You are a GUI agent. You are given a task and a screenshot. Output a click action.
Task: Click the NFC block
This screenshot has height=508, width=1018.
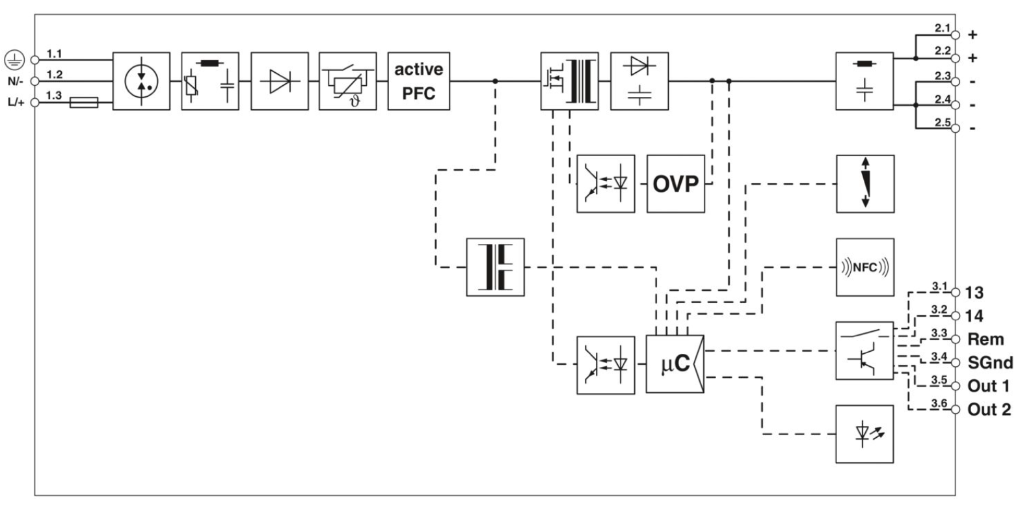point(864,267)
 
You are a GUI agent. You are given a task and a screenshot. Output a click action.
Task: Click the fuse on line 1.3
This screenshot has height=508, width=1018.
point(83,102)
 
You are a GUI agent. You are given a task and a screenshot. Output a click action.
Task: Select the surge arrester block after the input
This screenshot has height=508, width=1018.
point(141,81)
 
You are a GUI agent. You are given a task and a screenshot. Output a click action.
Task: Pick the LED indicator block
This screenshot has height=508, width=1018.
point(864,434)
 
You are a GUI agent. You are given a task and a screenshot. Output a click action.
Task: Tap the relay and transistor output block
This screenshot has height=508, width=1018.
point(864,351)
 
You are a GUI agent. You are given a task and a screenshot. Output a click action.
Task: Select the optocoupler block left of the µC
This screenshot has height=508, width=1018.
point(606,364)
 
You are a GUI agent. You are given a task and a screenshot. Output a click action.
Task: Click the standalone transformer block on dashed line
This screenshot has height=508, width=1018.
point(495,267)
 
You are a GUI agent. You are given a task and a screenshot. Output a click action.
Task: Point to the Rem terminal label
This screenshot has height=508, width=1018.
point(985,339)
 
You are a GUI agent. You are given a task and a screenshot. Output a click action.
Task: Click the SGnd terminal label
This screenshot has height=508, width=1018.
point(989,362)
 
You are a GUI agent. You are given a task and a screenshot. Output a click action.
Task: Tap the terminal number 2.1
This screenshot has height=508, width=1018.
point(941,28)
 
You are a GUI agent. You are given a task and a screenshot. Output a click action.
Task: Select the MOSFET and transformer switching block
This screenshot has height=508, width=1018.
point(569,81)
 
